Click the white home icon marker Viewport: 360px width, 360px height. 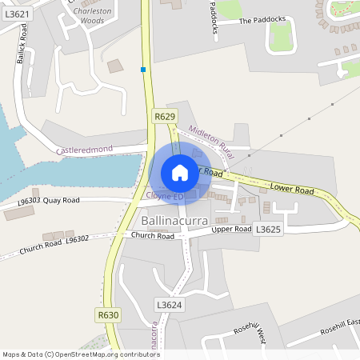tap(180, 172)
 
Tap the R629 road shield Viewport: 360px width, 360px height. tap(165, 117)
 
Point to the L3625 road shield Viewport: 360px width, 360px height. tap(267, 230)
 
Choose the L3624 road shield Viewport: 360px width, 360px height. tap(170, 305)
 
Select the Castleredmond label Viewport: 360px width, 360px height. tap(85, 150)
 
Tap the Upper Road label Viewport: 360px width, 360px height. tap(231, 230)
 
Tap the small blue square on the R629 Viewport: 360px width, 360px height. tap(143, 70)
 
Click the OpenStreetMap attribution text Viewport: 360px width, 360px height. tap(80, 354)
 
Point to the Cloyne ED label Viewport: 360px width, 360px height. tap(166, 195)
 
